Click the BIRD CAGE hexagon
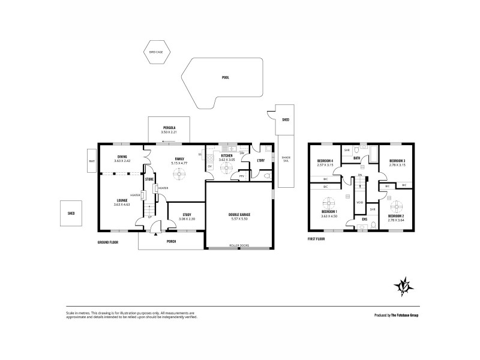(156, 52)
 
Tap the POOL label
(225, 77)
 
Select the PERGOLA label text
(169, 128)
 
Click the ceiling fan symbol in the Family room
(179, 174)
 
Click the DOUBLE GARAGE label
(238, 214)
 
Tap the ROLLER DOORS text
(238, 245)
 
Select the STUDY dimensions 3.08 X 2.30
(187, 219)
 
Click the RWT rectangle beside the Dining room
(92, 161)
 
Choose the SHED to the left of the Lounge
(71, 212)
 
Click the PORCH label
(171, 242)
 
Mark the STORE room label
(149, 178)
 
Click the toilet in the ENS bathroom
(373, 226)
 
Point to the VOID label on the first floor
(359, 202)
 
